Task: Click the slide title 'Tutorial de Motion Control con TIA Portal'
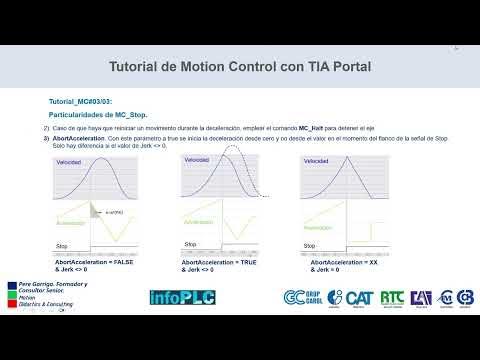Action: (239, 67)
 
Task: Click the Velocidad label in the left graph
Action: (71, 162)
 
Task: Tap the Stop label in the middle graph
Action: (190, 243)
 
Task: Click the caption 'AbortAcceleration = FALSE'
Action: (94, 264)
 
